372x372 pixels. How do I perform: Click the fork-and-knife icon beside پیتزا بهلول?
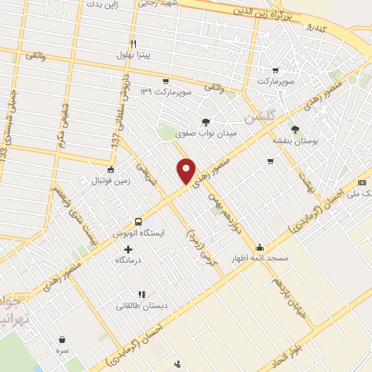click(x=133, y=44)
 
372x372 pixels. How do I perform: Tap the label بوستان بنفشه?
click(x=293, y=140)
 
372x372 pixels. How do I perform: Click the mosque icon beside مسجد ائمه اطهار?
click(x=259, y=248)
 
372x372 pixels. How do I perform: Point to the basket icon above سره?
click(x=62, y=339)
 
